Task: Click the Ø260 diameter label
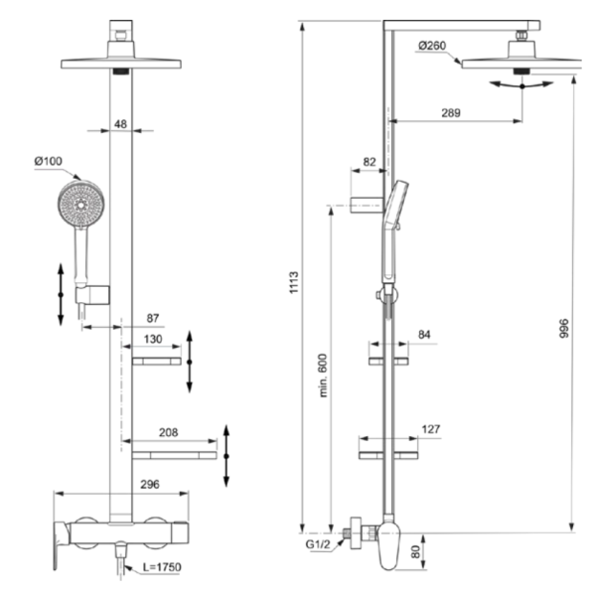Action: click(x=432, y=46)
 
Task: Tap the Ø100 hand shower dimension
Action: click(x=48, y=161)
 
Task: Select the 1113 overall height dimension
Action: click(x=294, y=282)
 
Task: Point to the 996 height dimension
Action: click(x=564, y=329)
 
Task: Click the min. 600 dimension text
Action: click(x=323, y=375)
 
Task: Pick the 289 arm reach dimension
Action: click(x=451, y=113)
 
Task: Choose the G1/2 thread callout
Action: click(x=318, y=544)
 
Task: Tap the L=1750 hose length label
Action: click(x=162, y=567)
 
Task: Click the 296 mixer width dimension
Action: click(x=150, y=485)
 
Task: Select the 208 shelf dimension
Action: click(x=169, y=432)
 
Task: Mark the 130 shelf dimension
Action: click(x=153, y=339)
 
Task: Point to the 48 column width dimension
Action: click(x=120, y=124)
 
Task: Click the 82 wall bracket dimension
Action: click(x=370, y=162)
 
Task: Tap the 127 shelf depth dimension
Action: click(x=431, y=429)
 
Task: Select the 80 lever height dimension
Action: click(x=416, y=551)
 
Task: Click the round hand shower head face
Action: click(x=81, y=205)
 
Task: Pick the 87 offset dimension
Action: click(x=153, y=318)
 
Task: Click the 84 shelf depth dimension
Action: click(x=424, y=335)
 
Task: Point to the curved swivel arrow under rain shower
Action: click(x=521, y=86)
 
